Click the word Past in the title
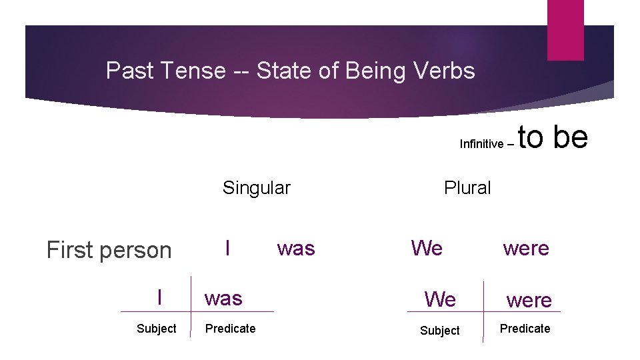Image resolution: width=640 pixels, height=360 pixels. point(128,70)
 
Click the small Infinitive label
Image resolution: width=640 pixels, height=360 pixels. point(481,144)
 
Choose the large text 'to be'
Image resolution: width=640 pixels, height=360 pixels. point(553,137)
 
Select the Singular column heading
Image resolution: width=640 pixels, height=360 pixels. point(256,188)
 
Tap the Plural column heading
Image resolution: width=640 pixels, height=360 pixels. point(467,188)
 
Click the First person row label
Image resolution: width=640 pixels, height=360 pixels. point(109,250)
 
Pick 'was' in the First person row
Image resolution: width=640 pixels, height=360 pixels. point(296,249)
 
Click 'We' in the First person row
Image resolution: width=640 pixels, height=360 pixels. point(427,248)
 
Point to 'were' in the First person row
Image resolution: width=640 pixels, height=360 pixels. point(526,249)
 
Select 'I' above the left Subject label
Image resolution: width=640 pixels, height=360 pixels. point(159,297)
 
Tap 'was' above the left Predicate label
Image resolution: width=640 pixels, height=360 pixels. point(223,298)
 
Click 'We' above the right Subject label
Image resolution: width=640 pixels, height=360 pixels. point(441,299)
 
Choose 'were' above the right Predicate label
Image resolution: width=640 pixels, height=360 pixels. point(529,301)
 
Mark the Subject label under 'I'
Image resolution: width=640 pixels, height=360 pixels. point(156,329)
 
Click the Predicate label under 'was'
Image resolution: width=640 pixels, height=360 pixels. point(230,329)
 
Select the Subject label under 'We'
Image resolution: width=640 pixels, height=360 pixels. point(439,331)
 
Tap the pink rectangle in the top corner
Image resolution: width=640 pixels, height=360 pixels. point(565,30)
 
